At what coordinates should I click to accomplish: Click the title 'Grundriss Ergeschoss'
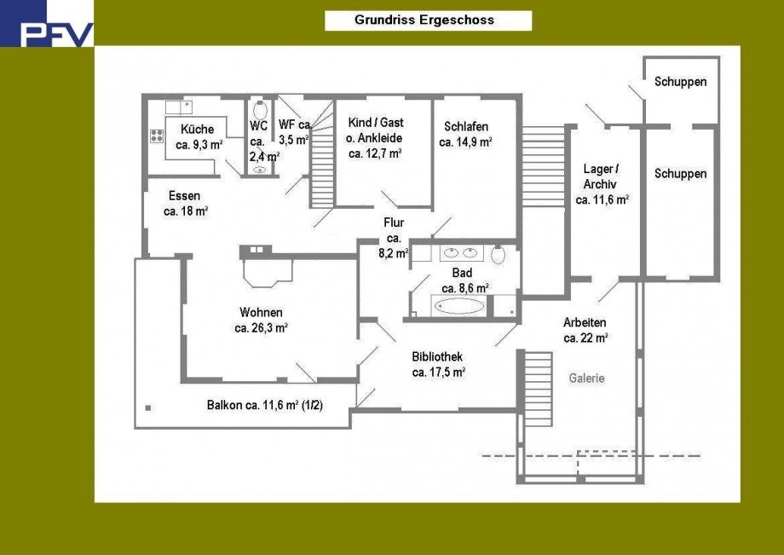[424, 20]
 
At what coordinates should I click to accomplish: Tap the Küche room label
[197, 129]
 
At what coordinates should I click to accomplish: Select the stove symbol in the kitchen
[157, 136]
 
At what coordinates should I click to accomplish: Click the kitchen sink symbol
[180, 107]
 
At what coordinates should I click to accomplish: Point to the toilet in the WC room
[260, 110]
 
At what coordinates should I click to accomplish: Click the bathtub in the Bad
[460, 305]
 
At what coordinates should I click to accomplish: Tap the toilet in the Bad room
[499, 253]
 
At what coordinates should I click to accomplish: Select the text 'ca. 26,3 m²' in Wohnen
[261, 327]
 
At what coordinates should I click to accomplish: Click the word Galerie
[587, 378]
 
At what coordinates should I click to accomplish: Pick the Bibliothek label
[437, 356]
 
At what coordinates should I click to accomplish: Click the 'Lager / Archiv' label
[601, 176]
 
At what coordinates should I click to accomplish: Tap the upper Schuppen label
[680, 82]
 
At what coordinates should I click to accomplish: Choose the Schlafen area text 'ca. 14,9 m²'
[465, 142]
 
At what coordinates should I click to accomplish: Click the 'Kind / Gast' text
[375, 122]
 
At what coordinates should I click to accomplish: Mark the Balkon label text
[264, 406]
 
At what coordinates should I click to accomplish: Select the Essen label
[184, 195]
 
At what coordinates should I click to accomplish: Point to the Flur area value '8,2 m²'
[395, 252]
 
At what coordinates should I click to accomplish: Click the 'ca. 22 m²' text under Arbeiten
[585, 338]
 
